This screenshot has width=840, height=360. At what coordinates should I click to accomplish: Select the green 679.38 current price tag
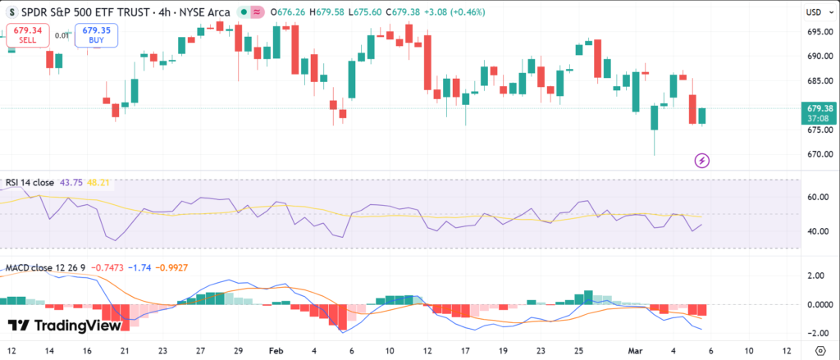(x=820, y=107)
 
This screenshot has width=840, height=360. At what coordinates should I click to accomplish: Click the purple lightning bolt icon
(x=701, y=160)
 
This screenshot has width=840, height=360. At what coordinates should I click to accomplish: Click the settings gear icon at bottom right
(x=819, y=349)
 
